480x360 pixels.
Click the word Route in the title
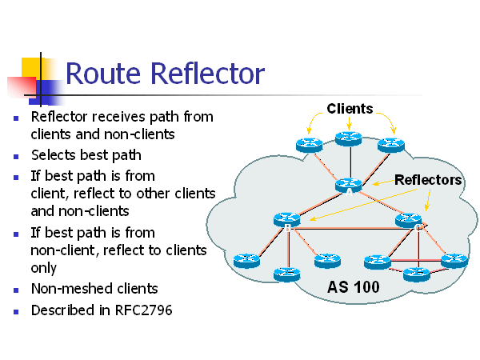(103, 74)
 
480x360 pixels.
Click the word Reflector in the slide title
(208, 74)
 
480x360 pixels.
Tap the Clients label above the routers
(350, 109)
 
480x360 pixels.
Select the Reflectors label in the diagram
(428, 180)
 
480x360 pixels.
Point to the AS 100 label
(354, 287)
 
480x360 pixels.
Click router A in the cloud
(348, 185)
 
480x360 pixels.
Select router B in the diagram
(287, 219)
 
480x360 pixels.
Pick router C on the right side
(408, 220)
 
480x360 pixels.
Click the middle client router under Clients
(348, 138)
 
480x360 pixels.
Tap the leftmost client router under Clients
(310, 145)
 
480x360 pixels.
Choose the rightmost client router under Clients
(391, 145)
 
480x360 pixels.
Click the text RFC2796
(143, 310)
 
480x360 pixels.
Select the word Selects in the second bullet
(54, 155)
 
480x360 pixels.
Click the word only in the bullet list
(43, 268)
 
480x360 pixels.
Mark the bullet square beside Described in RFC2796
(16, 312)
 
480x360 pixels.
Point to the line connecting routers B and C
(352, 228)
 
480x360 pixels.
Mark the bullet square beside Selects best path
(16, 157)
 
